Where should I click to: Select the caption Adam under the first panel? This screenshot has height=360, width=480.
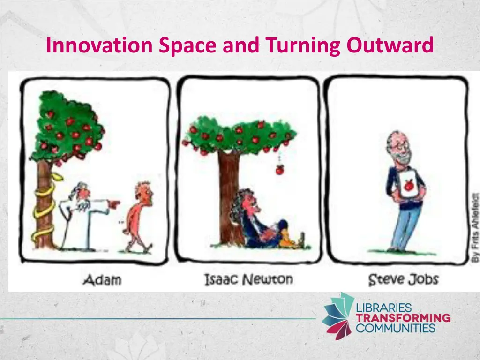coord(102,280)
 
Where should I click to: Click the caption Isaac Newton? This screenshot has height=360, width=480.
coord(248,280)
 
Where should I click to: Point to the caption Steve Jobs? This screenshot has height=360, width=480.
coord(403,280)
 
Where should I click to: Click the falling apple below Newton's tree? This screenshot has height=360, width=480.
coord(280,170)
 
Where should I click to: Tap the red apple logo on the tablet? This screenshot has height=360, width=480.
coord(409,186)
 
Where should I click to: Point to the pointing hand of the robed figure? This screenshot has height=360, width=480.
coord(113,204)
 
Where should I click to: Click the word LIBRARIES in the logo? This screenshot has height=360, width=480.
coord(383,308)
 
